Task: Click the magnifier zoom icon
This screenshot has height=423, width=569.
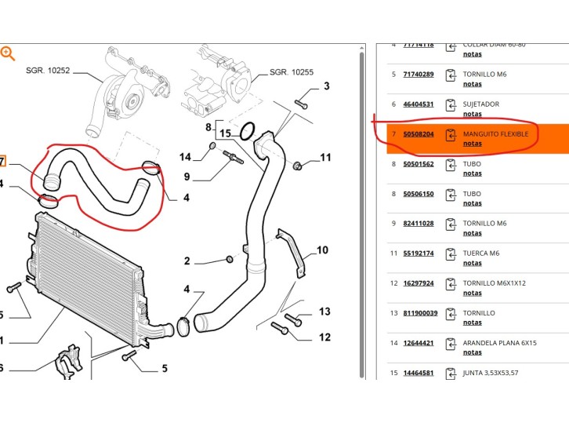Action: click(x=8, y=53)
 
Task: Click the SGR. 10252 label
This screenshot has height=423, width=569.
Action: click(x=47, y=71)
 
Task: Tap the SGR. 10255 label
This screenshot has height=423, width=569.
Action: click(x=291, y=72)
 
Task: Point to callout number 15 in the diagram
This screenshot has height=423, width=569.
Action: click(x=225, y=133)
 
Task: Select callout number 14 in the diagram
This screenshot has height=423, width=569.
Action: click(x=186, y=157)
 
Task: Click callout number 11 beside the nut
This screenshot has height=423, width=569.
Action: click(x=325, y=159)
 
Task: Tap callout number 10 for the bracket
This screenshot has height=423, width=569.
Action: click(x=322, y=250)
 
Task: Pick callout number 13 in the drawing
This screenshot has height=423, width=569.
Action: click(x=325, y=312)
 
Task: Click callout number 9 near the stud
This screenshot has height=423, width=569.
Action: click(x=187, y=177)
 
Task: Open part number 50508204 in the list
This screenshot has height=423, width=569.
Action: click(x=418, y=134)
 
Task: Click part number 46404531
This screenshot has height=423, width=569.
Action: click(x=418, y=104)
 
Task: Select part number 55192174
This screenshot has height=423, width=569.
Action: click(x=418, y=253)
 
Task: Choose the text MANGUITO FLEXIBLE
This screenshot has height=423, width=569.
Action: click(x=495, y=134)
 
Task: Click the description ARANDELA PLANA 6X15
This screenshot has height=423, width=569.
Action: click(x=505, y=343)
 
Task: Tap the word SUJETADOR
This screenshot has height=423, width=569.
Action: click(x=480, y=104)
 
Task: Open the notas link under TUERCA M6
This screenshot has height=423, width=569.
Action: click(x=472, y=263)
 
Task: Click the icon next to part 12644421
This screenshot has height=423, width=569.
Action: click(x=450, y=344)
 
